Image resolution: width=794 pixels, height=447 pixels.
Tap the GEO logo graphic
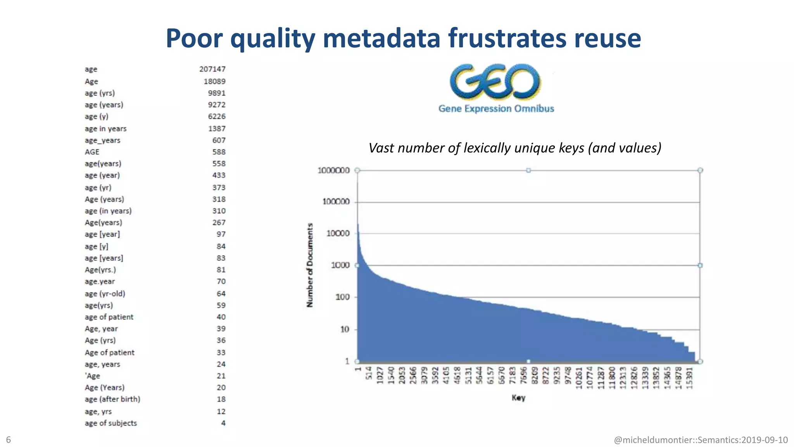pos(495,82)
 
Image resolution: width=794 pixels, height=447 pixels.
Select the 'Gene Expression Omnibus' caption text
pos(496,109)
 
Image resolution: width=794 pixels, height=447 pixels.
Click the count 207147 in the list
pos(212,69)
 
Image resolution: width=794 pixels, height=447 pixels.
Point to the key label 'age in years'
pos(105,128)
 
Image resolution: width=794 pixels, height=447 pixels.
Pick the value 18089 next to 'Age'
pos(214,81)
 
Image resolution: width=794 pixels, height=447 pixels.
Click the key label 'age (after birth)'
pos(112,399)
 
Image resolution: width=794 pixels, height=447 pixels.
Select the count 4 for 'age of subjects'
pos(223,423)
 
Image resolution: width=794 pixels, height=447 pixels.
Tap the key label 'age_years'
pos(102,140)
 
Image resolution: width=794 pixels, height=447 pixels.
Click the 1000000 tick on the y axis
pos(333,170)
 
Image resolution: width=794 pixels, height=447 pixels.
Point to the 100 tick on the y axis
pos(342,297)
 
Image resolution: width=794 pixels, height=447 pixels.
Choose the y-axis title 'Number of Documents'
pos(310,265)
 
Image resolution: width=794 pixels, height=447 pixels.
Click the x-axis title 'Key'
pos(518,398)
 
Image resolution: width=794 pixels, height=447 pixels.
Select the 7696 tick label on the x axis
pos(523,376)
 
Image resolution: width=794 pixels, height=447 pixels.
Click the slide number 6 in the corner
pos(9,440)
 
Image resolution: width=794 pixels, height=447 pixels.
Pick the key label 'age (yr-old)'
pos(105,294)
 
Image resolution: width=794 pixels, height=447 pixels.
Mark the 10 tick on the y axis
pos(345,329)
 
